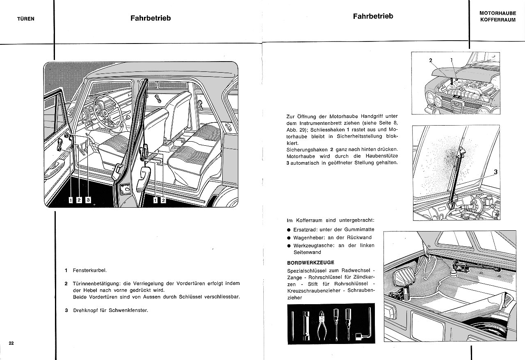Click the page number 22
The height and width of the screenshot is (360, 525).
[11, 343]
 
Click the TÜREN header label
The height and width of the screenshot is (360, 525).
[26, 18]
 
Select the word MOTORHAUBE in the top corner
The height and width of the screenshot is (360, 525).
[498, 13]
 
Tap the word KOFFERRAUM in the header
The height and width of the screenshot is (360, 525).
[498, 20]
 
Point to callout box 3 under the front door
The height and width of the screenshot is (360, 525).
[88, 200]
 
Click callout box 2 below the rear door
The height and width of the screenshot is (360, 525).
[163, 200]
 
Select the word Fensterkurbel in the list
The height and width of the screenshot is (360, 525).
[90, 271]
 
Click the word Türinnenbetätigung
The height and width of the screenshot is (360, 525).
[100, 284]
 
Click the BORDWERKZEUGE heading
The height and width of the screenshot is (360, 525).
[310, 262]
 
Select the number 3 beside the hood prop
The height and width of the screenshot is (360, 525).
[495, 172]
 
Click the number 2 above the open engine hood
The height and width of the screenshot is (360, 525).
[431, 60]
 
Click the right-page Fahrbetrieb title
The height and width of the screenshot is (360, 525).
[373, 16]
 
